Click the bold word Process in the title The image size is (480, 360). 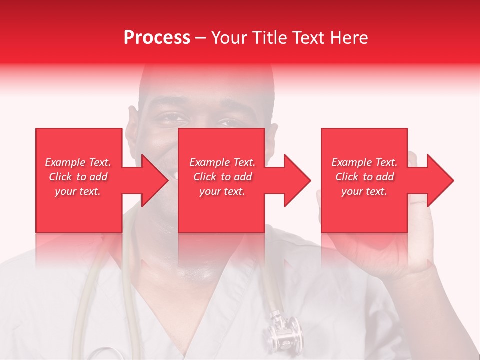coord(157,38)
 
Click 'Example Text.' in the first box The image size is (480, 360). coord(78,162)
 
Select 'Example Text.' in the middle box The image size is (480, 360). coord(222,162)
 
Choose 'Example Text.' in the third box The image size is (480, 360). coord(364,162)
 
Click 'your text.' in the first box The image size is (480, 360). coord(78,191)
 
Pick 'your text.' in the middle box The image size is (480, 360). coord(222,191)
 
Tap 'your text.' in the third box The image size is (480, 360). coord(364,191)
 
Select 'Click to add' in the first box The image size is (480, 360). coord(78,177)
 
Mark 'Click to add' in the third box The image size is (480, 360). coord(364,177)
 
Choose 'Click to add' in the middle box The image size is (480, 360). coord(222,177)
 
